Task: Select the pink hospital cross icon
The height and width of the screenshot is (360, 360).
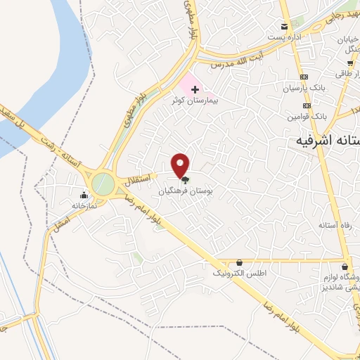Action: (195, 89)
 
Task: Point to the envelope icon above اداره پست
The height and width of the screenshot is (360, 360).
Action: (285, 25)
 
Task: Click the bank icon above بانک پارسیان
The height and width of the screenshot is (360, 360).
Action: (304, 77)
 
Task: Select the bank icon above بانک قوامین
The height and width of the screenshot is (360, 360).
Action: (304, 103)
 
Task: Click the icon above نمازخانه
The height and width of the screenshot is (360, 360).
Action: (84, 195)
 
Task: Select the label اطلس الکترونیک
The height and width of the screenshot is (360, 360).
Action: (240, 272)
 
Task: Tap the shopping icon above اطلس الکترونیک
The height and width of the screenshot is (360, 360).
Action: (240, 262)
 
